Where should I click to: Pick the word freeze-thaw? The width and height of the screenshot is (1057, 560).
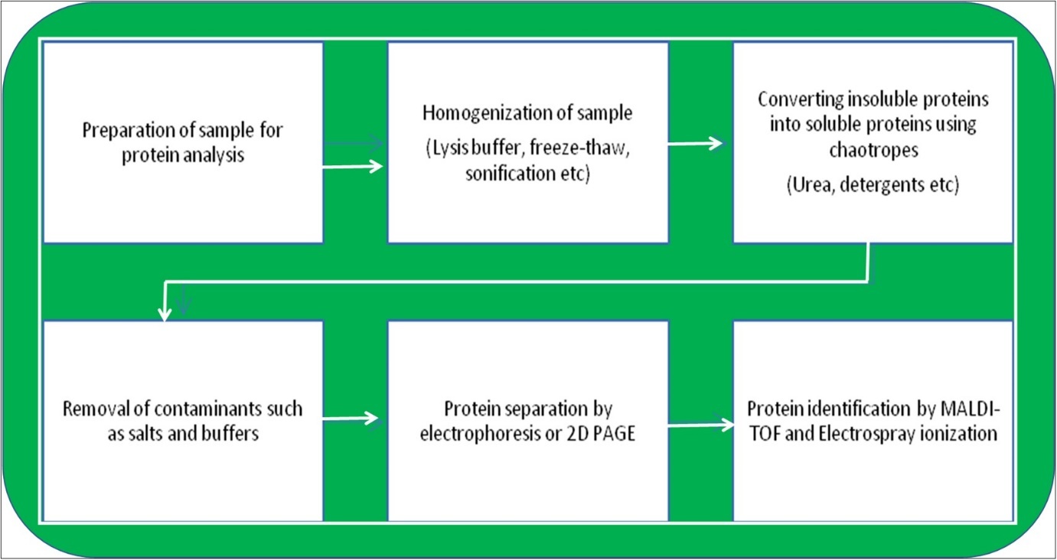(584, 149)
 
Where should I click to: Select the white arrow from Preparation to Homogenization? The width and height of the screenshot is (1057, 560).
(353, 166)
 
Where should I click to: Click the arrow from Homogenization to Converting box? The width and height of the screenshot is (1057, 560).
(695, 143)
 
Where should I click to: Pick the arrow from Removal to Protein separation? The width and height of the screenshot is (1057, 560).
(351, 418)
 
